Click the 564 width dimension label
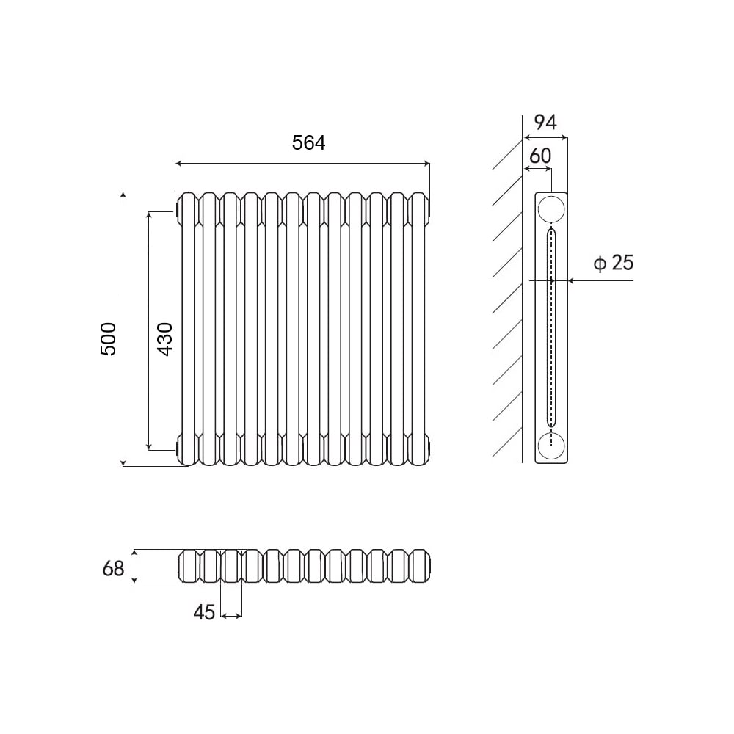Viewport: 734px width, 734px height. [x=308, y=143]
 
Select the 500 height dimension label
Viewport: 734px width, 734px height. [x=108, y=339]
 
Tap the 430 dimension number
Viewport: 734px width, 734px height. [x=164, y=339]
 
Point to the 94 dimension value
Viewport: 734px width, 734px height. [x=545, y=122]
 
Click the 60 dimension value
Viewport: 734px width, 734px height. [x=540, y=156]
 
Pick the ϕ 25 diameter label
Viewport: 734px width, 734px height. [x=613, y=263]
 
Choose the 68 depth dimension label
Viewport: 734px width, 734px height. [x=113, y=569]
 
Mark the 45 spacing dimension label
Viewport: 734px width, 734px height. [x=204, y=612]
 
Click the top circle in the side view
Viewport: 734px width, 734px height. [x=551, y=209]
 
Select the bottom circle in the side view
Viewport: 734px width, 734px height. [x=551, y=446]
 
